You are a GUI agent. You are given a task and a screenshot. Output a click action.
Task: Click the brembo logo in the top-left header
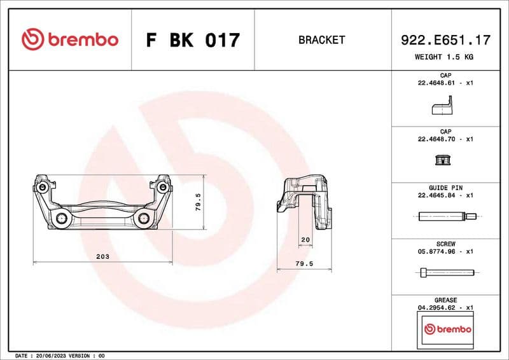(x=69, y=39)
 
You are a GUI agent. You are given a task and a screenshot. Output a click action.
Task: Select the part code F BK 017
(x=193, y=40)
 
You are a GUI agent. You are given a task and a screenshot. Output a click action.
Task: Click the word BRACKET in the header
(x=321, y=40)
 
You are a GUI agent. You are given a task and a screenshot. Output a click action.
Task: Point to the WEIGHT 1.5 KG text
(x=445, y=57)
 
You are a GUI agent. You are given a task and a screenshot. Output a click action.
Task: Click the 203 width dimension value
(x=102, y=256)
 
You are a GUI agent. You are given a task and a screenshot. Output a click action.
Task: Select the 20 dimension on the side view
(x=305, y=239)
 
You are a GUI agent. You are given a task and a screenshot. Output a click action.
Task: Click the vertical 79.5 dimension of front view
(x=198, y=202)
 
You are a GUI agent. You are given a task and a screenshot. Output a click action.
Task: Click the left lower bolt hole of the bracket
(x=62, y=219)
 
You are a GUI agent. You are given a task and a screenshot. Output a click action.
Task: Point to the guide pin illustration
(x=445, y=218)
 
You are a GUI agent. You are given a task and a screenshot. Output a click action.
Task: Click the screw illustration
(x=445, y=273)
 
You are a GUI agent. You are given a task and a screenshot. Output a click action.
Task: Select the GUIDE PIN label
(x=445, y=188)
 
